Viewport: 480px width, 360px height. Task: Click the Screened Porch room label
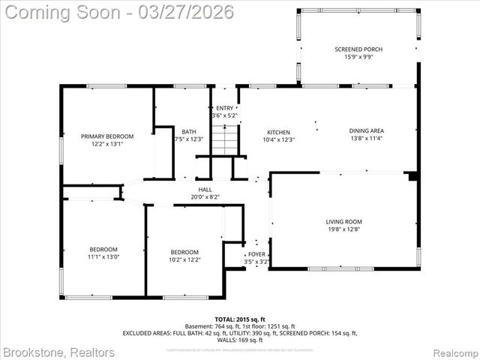[358, 49]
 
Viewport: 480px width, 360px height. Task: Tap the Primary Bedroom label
[107, 136]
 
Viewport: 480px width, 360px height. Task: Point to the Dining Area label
[366, 130]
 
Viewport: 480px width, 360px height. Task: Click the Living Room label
[343, 221]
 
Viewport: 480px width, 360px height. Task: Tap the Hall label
[205, 190]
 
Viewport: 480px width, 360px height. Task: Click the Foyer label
[257, 254]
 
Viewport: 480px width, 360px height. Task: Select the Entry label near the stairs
[225, 109]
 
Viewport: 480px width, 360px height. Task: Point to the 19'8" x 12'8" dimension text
[343, 229]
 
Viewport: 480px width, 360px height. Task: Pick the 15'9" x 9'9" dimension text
[358, 58]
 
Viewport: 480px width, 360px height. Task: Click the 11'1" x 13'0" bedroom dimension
[103, 257]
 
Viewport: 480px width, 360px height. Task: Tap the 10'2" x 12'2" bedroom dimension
[184, 259]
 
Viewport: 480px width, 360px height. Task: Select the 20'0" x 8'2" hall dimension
[205, 198]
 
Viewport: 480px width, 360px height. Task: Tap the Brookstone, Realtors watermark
[58, 352]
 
